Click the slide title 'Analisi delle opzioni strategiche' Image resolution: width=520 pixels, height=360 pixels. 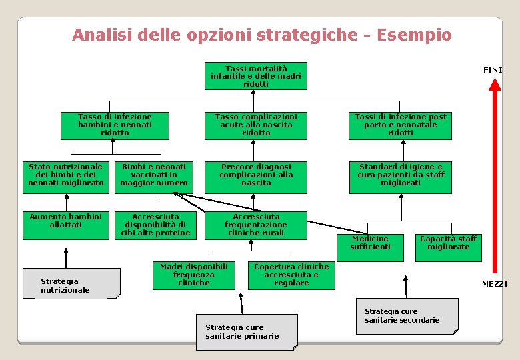click(261, 35)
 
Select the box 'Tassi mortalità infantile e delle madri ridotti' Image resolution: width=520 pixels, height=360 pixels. click(256, 76)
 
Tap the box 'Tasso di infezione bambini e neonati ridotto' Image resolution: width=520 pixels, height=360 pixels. click(115, 125)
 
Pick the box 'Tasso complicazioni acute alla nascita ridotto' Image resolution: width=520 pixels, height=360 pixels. click(256, 125)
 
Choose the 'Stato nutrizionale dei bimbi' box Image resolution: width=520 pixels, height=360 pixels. click(66, 175)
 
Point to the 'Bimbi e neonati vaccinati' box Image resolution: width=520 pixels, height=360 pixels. click(154, 175)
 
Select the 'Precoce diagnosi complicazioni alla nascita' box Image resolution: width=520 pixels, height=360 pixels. click(256, 175)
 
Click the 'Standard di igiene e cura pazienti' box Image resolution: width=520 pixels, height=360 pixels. click(400, 175)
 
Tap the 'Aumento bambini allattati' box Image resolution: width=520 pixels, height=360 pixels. click(66, 225)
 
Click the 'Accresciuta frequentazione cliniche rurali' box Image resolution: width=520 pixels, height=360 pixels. click(256, 225)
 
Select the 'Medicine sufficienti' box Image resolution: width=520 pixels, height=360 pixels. click(371, 243)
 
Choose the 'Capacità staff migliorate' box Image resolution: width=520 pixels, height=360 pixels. click(449, 243)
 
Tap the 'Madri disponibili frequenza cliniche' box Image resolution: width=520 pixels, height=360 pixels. click(194, 275)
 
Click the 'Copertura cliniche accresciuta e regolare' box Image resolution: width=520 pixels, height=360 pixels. click(291, 275)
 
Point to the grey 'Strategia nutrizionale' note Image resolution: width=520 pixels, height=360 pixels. click(71, 283)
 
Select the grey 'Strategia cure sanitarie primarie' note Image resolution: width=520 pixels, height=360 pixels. click(247, 331)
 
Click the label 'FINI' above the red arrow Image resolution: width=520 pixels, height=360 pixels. click(493, 70)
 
